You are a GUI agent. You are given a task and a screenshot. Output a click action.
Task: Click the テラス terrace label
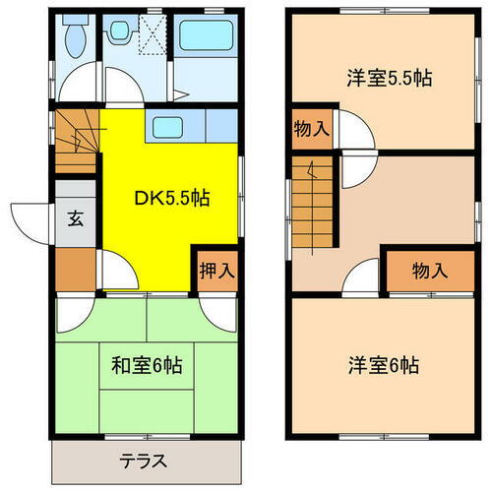click(x=144, y=461)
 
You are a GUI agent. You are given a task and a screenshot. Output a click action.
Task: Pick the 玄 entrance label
click(x=76, y=219)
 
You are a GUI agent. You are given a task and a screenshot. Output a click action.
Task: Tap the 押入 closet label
click(x=215, y=268)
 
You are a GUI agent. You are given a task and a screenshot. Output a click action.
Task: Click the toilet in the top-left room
click(x=73, y=39)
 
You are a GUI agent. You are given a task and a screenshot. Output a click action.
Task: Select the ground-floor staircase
click(x=77, y=143)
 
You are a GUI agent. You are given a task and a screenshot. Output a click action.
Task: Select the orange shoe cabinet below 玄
click(x=75, y=264)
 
